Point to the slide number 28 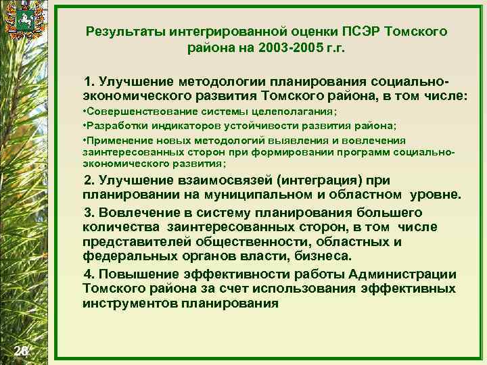tap(21, 349)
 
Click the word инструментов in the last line tap(131, 303)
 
